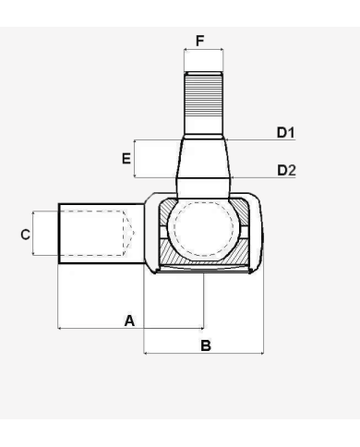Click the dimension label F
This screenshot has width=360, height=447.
pyautogui.click(x=200, y=41)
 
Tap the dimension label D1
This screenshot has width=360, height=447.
pyautogui.click(x=286, y=132)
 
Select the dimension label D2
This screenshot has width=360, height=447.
pyautogui.click(x=286, y=170)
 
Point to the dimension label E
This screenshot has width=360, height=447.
pyautogui.click(x=126, y=159)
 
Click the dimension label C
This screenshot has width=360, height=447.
pyautogui.click(x=26, y=235)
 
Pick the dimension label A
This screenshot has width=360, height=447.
pyautogui.click(x=129, y=320)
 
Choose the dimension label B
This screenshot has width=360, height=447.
pyautogui.click(x=206, y=345)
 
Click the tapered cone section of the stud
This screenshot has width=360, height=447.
pyautogui.click(x=203, y=159)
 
